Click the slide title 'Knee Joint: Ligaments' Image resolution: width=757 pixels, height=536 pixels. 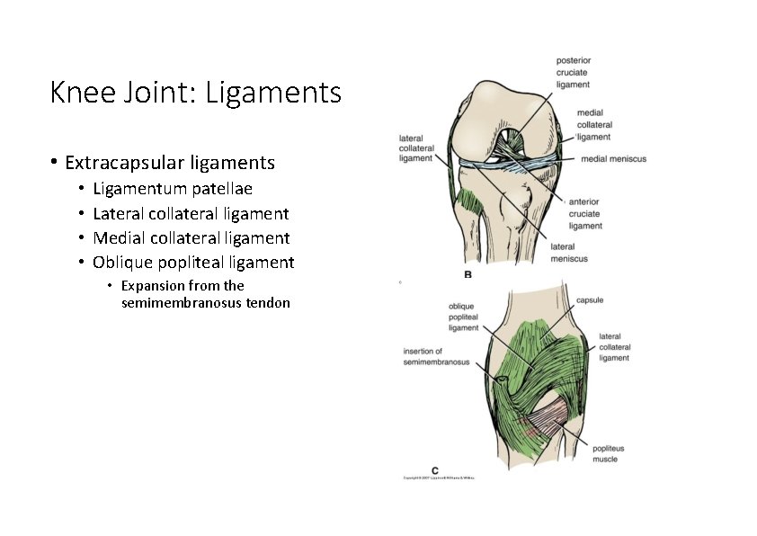196,93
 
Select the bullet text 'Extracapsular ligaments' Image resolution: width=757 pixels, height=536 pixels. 170,163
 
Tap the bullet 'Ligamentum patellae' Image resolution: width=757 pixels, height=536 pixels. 173,189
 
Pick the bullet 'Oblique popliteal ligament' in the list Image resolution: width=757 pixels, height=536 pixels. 193,263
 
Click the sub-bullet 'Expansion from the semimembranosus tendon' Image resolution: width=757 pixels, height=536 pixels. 205,294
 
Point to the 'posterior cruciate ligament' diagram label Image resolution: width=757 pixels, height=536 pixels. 573,72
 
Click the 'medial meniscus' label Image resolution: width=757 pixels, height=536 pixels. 613,159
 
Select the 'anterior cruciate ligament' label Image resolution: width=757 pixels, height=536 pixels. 585,214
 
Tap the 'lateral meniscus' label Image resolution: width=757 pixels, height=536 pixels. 568,253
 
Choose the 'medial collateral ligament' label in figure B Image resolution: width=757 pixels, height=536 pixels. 594,125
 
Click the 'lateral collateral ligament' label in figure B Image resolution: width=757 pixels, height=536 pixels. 415,148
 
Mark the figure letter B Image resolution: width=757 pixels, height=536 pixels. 468,273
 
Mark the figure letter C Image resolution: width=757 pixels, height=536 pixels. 435,469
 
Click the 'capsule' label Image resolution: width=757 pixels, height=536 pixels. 589,299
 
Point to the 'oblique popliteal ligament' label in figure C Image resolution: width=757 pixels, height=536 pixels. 463,317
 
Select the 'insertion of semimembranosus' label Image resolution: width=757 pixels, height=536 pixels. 436,356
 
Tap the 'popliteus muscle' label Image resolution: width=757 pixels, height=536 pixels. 608,453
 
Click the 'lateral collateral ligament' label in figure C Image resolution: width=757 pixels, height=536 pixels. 614,347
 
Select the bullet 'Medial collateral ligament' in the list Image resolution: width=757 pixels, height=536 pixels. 191,238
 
